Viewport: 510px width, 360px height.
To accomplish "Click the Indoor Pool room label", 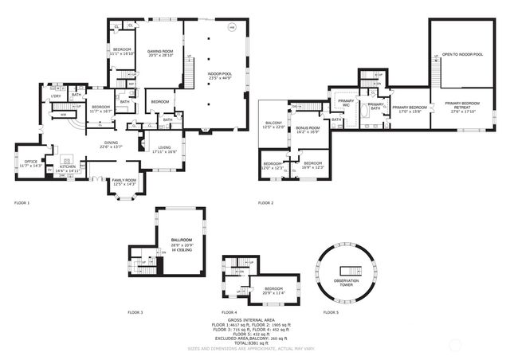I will click(x=219, y=76).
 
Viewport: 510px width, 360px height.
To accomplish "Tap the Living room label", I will click(x=165, y=149).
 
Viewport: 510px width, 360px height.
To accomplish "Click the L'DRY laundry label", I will click(x=56, y=96).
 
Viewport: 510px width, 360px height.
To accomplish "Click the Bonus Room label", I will click(x=308, y=129).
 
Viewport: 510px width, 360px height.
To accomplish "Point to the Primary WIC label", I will click(x=346, y=103).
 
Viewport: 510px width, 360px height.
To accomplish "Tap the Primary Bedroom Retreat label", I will click(x=463, y=108).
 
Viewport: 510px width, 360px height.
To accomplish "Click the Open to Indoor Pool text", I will click(x=462, y=54).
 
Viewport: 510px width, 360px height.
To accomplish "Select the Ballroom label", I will click(x=181, y=241).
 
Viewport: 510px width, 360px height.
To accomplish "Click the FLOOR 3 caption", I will click(x=135, y=312).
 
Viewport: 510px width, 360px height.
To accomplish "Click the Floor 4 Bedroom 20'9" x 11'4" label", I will click(x=273, y=290).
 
